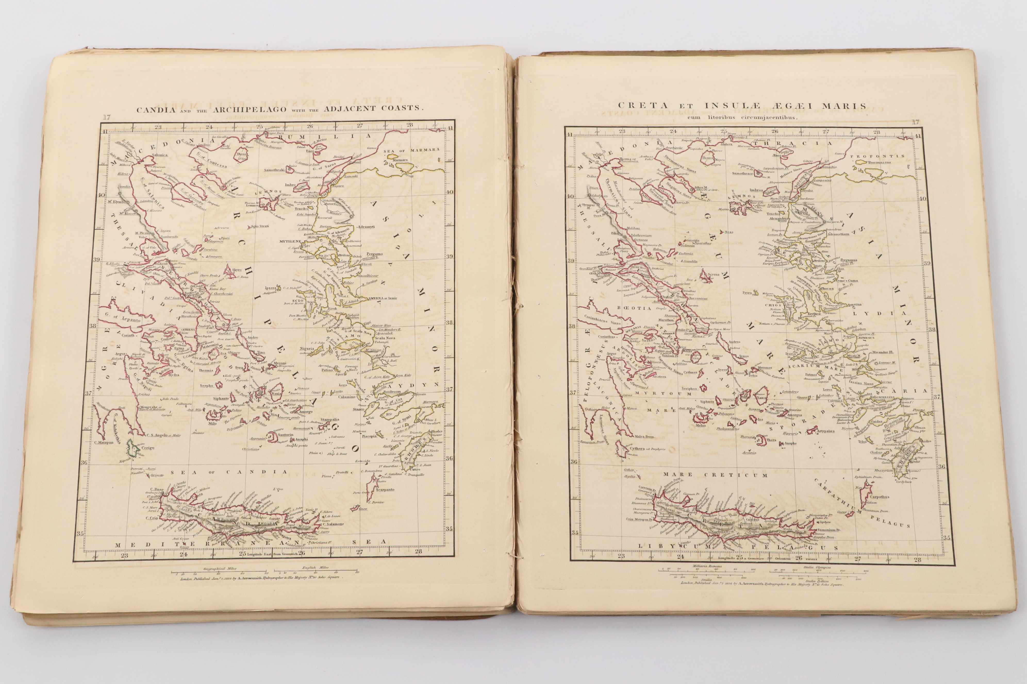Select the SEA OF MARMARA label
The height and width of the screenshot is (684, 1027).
411,150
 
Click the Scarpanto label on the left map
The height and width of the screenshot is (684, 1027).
385,490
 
